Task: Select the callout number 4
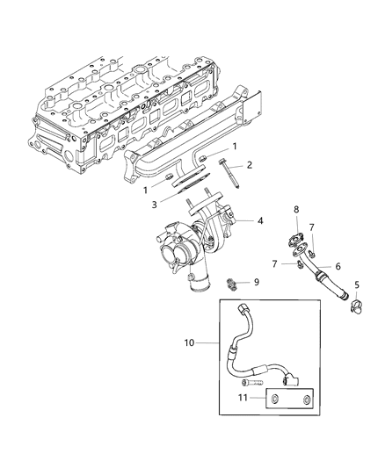click(259, 221)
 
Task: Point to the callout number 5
click(358, 285)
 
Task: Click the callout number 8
click(296, 234)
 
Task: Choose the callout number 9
click(256, 283)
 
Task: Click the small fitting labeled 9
click(233, 284)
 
